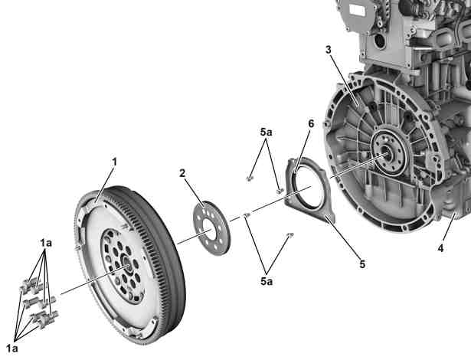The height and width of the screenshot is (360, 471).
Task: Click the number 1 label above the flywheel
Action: click(x=114, y=162)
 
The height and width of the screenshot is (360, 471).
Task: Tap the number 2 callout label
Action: click(x=182, y=173)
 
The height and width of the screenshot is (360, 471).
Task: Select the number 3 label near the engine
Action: click(x=329, y=50)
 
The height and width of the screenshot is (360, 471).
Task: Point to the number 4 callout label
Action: click(x=440, y=248)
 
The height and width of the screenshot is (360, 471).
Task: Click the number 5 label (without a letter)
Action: click(x=362, y=264)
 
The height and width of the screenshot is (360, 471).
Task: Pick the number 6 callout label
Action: click(x=311, y=123)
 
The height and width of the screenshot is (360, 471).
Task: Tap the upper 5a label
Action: click(x=267, y=132)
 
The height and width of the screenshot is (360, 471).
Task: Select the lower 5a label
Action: click(x=267, y=281)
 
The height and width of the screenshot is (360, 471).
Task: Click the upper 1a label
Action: click(x=46, y=243)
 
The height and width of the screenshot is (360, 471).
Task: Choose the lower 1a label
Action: click(x=12, y=349)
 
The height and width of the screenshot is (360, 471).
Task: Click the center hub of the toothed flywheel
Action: click(x=127, y=266)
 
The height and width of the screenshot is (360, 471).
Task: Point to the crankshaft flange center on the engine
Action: click(x=387, y=154)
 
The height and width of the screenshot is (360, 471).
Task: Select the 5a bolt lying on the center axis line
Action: click(x=247, y=214)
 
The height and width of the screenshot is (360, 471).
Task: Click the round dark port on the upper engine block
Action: click(x=380, y=41)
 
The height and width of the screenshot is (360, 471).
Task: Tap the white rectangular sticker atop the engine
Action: click(x=357, y=11)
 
